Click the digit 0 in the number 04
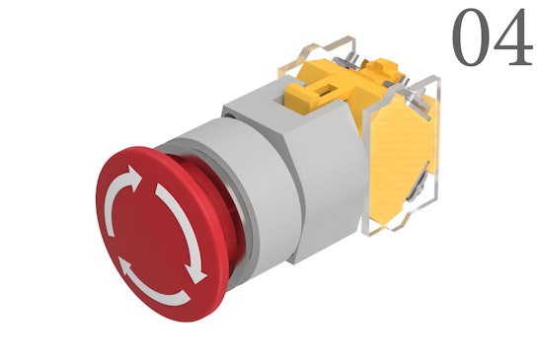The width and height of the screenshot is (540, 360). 471,38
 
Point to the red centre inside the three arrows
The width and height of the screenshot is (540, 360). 148,236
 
